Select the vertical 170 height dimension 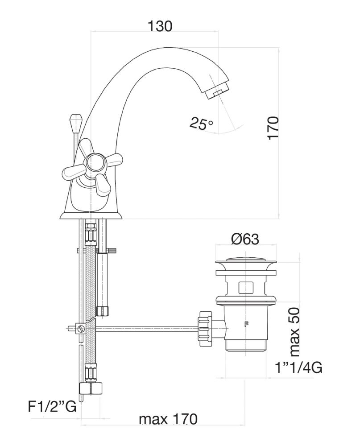273,128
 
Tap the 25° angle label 201,124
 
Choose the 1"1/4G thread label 298,368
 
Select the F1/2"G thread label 53,407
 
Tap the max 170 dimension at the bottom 168,419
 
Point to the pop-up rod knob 75,121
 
